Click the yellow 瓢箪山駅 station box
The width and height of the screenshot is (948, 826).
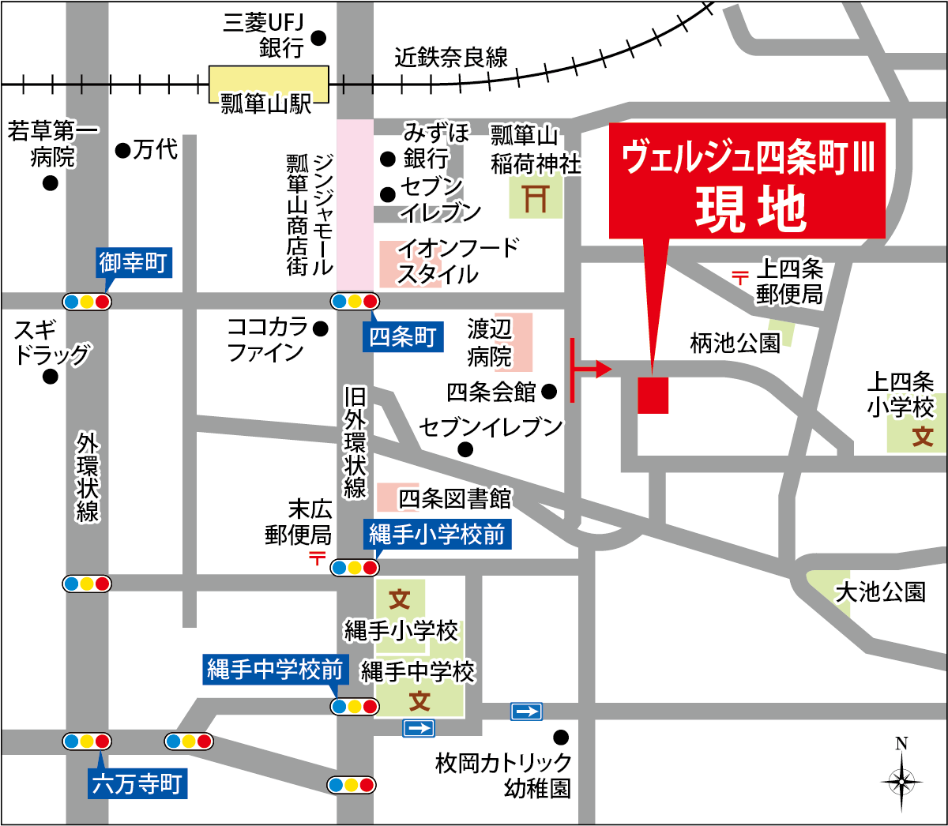click(x=269, y=83)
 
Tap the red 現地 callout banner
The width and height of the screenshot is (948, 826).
click(x=747, y=180)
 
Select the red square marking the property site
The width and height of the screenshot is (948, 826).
click(x=653, y=395)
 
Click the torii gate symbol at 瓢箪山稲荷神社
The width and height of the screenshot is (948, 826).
click(x=536, y=197)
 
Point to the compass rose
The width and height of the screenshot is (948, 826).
click(x=901, y=780)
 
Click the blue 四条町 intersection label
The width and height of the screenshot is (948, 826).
click(x=403, y=337)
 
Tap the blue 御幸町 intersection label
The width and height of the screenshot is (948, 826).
click(x=134, y=262)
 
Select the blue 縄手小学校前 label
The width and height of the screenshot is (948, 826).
click(x=437, y=535)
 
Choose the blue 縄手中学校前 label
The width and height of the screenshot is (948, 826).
click(x=275, y=670)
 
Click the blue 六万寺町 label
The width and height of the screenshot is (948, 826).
click(x=137, y=784)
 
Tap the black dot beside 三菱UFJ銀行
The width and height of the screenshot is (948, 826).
click(x=319, y=37)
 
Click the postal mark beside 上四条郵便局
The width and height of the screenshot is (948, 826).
click(x=739, y=277)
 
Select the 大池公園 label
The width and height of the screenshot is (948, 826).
click(x=880, y=592)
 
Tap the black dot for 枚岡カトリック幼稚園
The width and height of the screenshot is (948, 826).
click(x=561, y=738)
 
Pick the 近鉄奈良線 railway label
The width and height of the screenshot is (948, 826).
click(x=451, y=58)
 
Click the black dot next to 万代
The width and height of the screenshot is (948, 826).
click(x=122, y=150)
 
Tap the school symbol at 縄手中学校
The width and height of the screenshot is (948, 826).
click(x=419, y=700)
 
